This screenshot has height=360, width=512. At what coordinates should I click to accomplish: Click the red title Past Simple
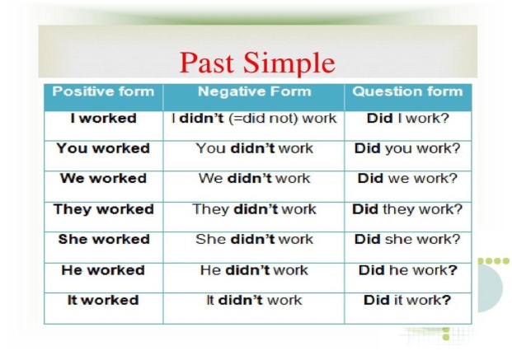257,63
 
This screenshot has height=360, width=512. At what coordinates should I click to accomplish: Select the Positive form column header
103,91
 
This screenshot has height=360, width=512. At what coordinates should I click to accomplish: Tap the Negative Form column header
255,91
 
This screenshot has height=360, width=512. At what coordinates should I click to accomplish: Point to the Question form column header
407,91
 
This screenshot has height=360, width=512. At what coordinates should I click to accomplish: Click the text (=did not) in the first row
264,119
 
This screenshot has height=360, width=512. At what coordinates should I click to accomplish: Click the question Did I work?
408,118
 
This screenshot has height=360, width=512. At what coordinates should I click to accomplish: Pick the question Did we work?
408,179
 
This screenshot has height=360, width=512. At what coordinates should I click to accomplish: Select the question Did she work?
407,239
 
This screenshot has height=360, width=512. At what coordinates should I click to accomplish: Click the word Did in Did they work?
365,209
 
